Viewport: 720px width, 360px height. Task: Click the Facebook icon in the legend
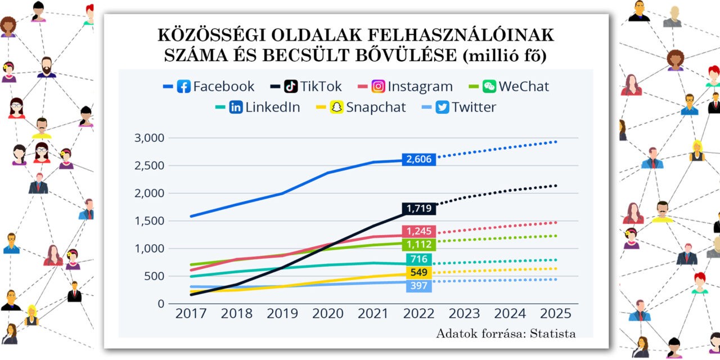tap(183, 87)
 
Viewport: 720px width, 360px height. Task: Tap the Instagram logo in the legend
tap(379, 87)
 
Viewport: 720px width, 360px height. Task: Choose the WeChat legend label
tap(524, 87)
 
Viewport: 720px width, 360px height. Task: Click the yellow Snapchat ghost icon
tap(336, 107)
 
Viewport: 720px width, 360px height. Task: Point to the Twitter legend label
tap(474, 107)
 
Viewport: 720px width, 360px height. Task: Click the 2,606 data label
tap(419, 159)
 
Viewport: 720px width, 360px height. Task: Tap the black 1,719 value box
tap(419, 209)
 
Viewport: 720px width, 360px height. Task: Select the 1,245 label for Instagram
tap(419, 231)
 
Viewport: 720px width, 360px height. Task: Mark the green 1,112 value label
tap(419, 244)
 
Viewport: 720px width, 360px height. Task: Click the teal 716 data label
tap(419, 259)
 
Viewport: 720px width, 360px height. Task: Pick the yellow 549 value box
tap(419, 273)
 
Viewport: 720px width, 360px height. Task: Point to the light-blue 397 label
tap(419, 286)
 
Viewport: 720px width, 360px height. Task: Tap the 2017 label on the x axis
tap(191, 314)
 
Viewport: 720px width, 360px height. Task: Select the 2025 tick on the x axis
tap(555, 314)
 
